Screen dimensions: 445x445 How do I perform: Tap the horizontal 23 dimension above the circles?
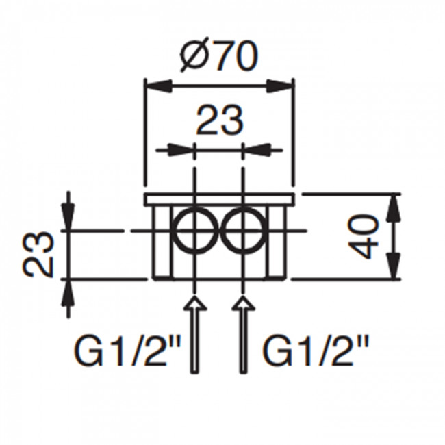tap(220, 120)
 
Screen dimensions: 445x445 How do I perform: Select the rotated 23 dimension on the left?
tap(37, 255)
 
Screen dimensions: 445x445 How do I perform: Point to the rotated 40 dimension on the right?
tap(363, 236)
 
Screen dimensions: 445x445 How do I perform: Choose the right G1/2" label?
tap(316, 351)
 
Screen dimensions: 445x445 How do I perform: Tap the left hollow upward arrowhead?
tap(194, 303)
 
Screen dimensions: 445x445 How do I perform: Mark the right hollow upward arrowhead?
tap(243, 303)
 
